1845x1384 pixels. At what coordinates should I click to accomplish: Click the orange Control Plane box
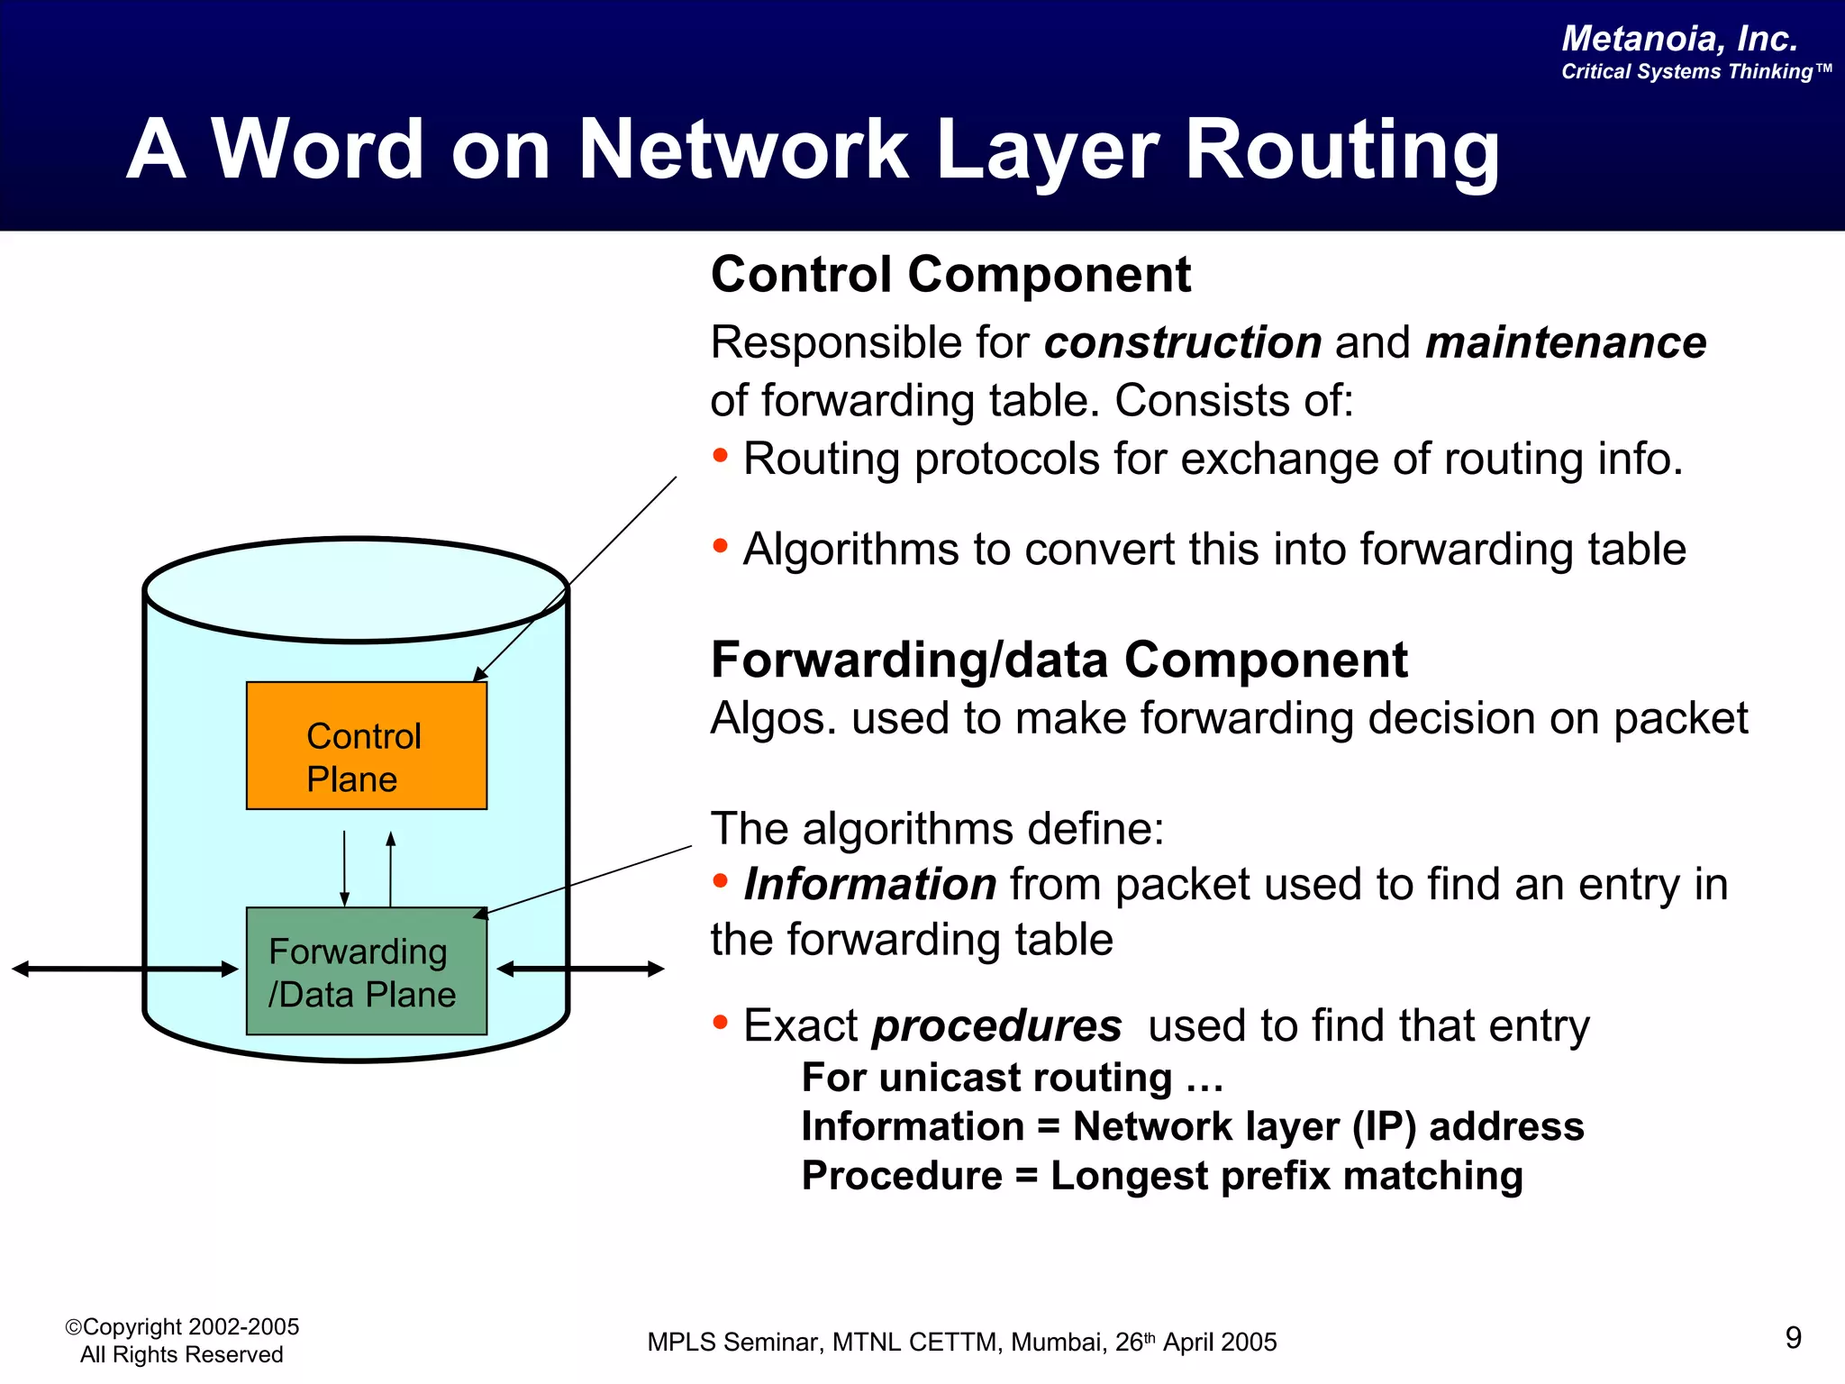point(367,745)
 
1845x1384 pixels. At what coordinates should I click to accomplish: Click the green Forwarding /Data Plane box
point(367,971)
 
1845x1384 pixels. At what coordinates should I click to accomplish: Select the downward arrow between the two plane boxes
point(344,868)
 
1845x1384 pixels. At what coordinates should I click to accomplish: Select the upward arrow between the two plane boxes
point(390,868)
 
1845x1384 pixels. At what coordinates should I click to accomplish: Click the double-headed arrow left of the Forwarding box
point(124,970)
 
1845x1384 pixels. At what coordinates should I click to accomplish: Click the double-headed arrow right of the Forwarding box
point(580,970)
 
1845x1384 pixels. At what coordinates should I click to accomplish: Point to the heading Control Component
point(950,274)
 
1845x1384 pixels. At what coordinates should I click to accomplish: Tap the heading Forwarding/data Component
point(1059,660)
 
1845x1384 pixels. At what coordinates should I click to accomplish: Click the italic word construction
point(1183,342)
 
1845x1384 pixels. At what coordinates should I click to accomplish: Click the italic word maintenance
point(1566,342)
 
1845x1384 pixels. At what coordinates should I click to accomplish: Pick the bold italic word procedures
point(996,1025)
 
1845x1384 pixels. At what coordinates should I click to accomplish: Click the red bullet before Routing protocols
point(720,455)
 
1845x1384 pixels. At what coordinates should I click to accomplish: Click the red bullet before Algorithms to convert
point(720,545)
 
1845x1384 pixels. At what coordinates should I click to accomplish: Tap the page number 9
point(1793,1337)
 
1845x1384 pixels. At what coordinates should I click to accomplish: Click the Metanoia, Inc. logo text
point(1679,39)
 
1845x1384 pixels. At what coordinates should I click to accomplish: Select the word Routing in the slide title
point(1342,150)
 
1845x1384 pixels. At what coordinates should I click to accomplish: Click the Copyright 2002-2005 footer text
point(182,1327)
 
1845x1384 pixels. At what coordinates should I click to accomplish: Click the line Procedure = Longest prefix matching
point(1162,1176)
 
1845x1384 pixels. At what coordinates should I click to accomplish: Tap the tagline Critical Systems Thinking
point(1694,72)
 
